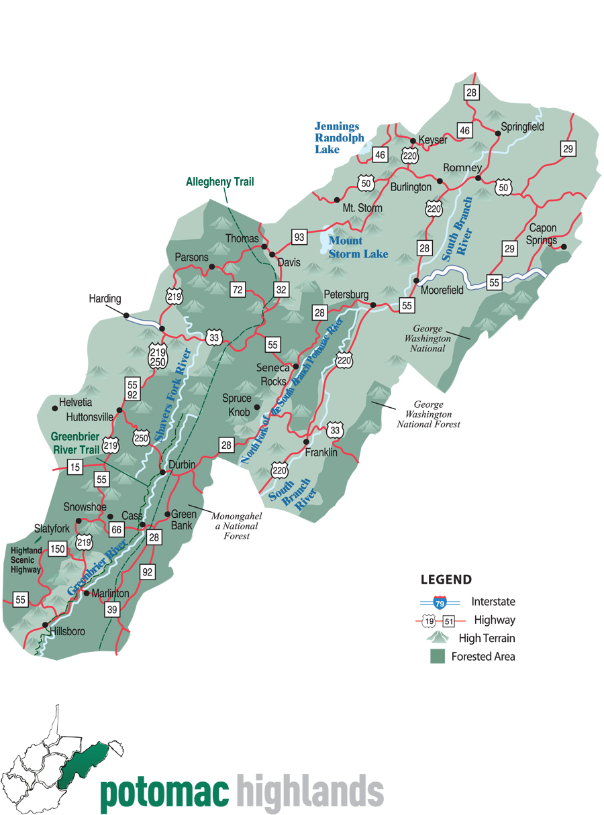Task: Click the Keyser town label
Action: (433, 140)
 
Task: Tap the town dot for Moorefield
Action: (416, 280)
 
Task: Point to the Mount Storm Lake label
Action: (358, 247)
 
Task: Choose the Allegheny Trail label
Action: (220, 182)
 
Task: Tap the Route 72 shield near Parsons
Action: (237, 290)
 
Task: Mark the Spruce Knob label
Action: (237, 404)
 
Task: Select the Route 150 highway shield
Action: (58, 549)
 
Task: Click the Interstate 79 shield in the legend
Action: (440, 602)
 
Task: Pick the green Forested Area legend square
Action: (438, 657)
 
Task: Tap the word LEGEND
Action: (446, 580)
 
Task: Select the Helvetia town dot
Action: (55, 407)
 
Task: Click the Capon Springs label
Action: (543, 234)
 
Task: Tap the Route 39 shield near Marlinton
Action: (112, 610)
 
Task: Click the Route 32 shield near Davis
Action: (281, 289)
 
